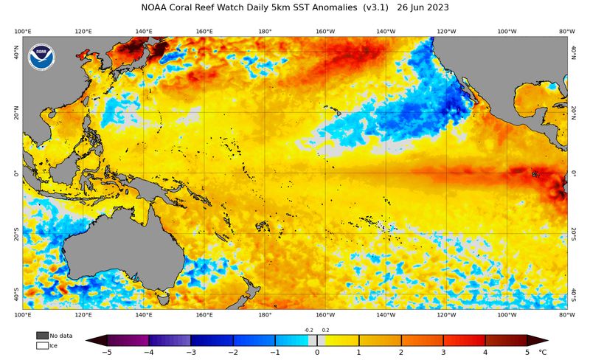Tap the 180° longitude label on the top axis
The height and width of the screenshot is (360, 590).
pyautogui.click(x=265, y=32)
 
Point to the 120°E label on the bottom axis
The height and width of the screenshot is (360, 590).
pyautogui.click(x=83, y=315)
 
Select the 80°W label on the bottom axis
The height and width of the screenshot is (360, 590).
pyautogui.click(x=566, y=315)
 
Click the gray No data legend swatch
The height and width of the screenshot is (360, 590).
pyautogui.click(x=42, y=336)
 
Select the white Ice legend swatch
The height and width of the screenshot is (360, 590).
pyautogui.click(x=42, y=345)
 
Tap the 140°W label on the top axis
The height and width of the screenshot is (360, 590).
pyautogui.click(x=386, y=32)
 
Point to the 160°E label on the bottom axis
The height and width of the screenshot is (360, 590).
pyautogui.click(x=204, y=315)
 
